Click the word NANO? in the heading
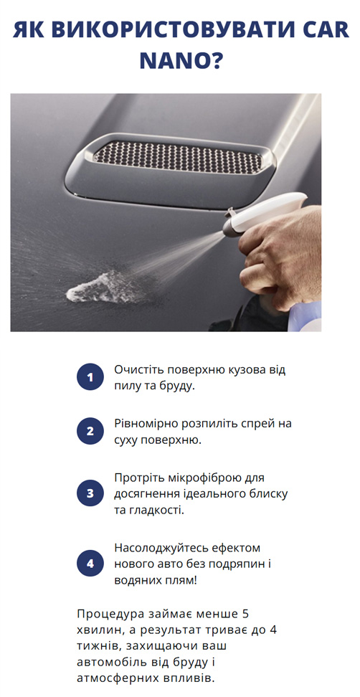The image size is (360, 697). pos(181,61)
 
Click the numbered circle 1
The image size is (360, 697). pos(90,377)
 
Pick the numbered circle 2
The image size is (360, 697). pos(90,431)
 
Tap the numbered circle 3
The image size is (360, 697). pos(90,493)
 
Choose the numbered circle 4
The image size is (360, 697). pos(90,563)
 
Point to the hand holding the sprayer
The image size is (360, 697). pos(283,258)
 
